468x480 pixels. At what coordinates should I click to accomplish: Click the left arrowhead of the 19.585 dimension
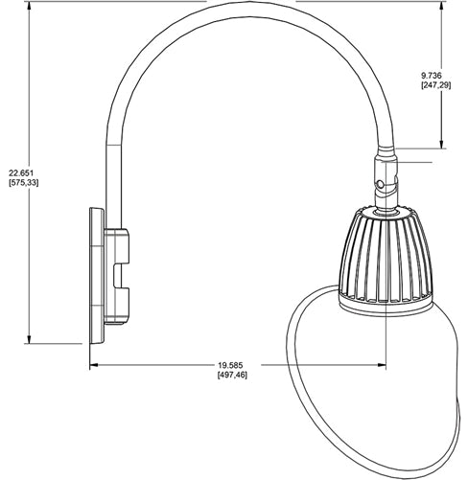[x=94, y=364]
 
